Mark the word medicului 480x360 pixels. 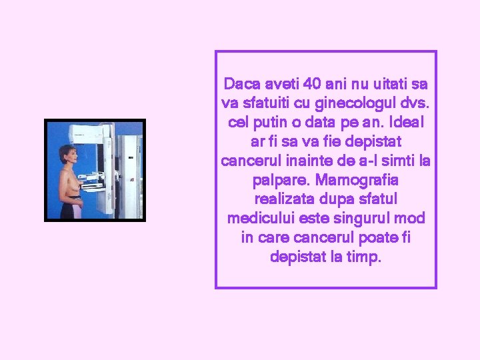tap(260, 219)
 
